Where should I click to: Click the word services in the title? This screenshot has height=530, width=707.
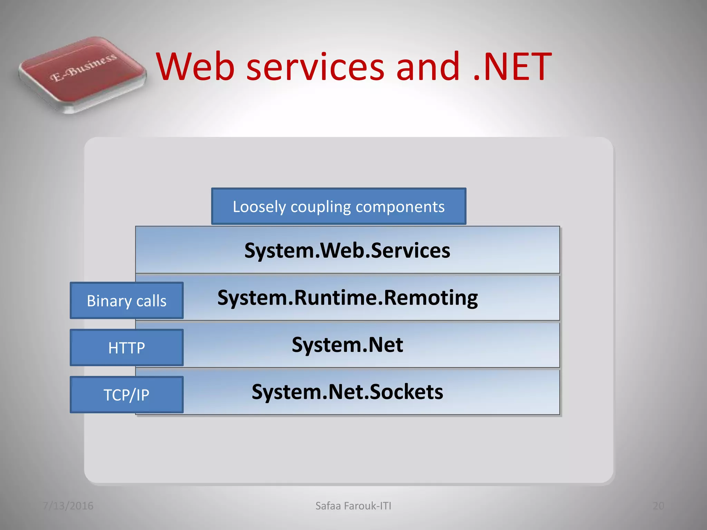tap(315, 66)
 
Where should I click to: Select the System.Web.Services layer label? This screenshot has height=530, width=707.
tap(347, 250)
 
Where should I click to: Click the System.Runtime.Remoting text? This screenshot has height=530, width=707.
tap(347, 297)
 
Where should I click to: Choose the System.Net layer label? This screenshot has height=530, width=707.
tap(347, 344)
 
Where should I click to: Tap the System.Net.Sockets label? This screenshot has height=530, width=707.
tap(347, 392)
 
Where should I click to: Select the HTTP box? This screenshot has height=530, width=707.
tap(126, 347)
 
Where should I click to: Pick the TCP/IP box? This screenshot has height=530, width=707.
tap(126, 394)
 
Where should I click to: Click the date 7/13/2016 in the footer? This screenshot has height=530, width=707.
tap(68, 506)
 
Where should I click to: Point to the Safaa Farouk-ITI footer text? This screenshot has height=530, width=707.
tap(353, 506)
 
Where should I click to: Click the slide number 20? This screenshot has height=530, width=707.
tap(658, 506)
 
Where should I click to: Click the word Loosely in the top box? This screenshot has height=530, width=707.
tap(259, 207)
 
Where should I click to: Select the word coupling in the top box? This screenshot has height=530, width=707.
tap(321, 207)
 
